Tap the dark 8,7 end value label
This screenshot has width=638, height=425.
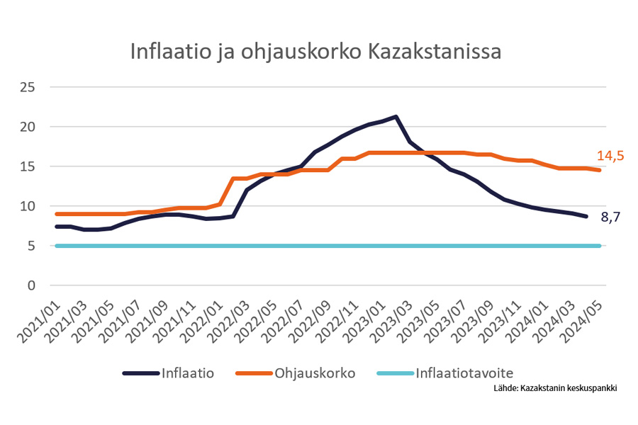coord(611,218)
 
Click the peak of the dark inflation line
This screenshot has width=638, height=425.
coord(395,117)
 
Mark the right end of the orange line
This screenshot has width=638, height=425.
coord(600,170)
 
